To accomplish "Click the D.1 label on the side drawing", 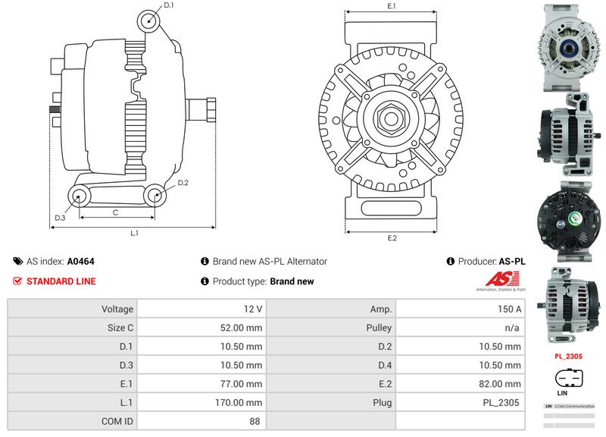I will (x=169, y=5).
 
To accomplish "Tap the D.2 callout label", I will (x=183, y=183).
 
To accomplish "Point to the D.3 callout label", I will (x=61, y=218).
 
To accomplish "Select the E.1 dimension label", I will (x=392, y=6).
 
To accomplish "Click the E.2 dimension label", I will (x=392, y=239).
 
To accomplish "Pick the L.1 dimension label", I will (x=134, y=233).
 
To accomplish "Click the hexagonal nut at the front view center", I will (x=392, y=118).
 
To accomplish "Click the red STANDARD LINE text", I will (x=61, y=281).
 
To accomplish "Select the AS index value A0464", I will (x=81, y=261).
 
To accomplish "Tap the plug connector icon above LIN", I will (x=570, y=377).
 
